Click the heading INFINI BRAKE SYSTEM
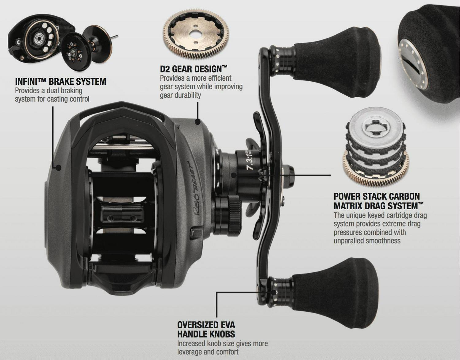60,82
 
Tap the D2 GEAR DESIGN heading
194,69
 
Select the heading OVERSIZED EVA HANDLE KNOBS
206,330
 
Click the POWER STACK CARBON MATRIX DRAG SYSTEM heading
378,201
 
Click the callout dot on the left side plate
59,168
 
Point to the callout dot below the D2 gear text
198,122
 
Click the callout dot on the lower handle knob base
274,293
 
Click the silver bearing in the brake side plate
39,38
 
